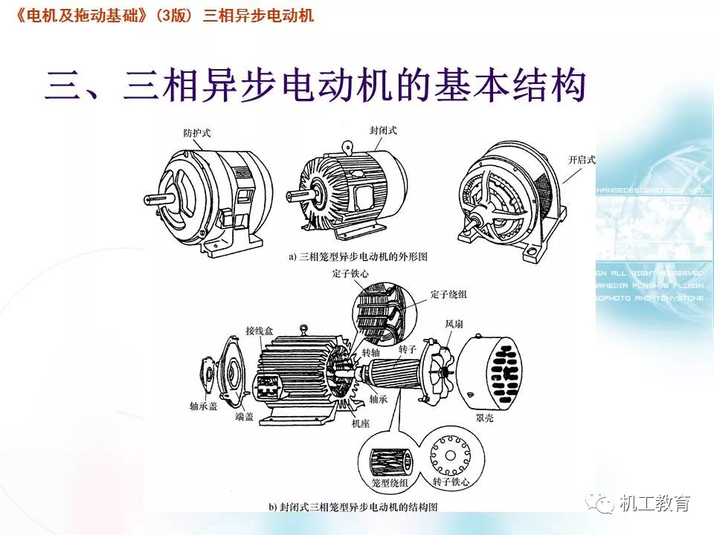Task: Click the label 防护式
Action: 197,133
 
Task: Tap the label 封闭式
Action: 384,130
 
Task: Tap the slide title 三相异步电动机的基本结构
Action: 316,88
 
